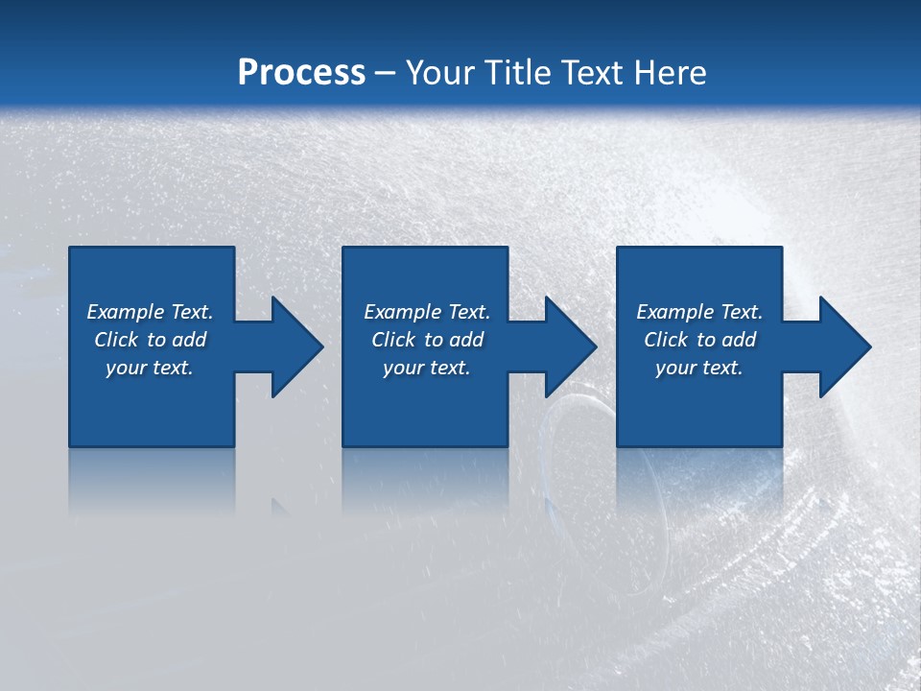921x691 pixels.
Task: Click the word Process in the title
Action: [x=301, y=73]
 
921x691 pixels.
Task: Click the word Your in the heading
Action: [x=439, y=73]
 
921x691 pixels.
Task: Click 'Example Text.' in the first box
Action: [x=150, y=312]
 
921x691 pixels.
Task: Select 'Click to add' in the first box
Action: [x=150, y=340]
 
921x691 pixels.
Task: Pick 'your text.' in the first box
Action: [x=150, y=368]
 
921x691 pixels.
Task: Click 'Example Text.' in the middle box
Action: [x=427, y=312]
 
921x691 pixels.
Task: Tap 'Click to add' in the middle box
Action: [x=427, y=340]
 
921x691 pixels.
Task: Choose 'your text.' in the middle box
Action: [x=427, y=368]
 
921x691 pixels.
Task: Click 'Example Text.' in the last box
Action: [x=699, y=312]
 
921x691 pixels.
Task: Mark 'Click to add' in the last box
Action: [x=699, y=340]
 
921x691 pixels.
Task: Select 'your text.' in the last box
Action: [x=699, y=368]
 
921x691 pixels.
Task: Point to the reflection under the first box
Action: [x=152, y=480]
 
